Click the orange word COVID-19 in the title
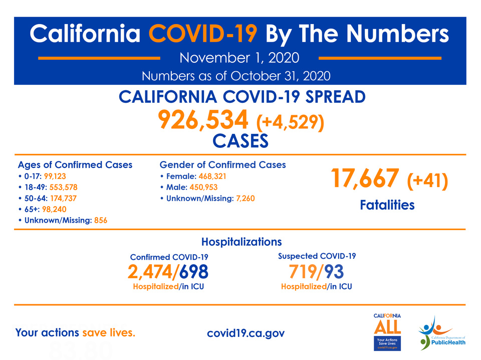pos(203,34)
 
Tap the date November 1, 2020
pos(239,58)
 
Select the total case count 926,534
pos(203,120)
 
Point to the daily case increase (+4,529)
pos(290,122)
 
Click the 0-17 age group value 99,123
pos(55,176)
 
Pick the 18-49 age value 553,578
pos(64,187)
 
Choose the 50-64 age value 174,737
pos(64,198)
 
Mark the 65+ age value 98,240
pos(54,209)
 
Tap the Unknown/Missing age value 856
pos(101,220)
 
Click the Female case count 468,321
pos(212,176)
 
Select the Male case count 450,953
pos(203,187)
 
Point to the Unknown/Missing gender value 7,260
pos(246,198)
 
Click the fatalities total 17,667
pos(365,178)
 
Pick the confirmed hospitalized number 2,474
pos(150,272)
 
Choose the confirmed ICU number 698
pos(194,272)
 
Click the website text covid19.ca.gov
pos(246,333)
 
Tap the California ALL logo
pos(387,332)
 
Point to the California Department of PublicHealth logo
pos(442,333)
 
